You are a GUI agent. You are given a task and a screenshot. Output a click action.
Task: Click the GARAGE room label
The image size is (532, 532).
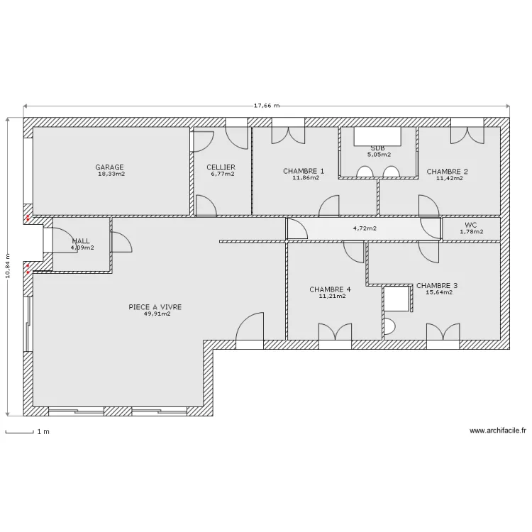coord(109,167)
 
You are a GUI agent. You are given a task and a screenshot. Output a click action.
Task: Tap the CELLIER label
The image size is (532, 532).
coord(221,167)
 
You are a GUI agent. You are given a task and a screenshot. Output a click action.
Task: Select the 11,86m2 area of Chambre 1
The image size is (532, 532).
coord(306,177)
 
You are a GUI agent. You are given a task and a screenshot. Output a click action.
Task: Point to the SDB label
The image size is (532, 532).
coord(377,148)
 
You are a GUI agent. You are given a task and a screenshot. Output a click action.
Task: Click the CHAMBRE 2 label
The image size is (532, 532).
coord(447,172)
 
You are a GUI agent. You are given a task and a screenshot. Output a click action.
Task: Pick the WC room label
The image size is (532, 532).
coord(470,225)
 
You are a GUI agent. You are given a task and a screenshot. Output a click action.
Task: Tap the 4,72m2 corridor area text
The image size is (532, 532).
coord(365,228)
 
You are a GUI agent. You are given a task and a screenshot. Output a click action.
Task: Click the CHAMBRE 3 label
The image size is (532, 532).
coord(437,286)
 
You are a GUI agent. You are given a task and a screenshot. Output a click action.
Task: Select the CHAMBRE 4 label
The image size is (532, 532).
coord(330,289)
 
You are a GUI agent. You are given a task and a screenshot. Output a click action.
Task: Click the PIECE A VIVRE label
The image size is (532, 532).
coord(155,307)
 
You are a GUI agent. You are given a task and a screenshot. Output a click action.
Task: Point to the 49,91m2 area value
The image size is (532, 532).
coord(157,314)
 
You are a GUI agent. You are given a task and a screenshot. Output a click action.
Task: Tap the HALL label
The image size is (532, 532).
coord(81,241)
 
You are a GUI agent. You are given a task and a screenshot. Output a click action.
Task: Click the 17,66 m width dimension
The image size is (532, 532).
coord(267,106)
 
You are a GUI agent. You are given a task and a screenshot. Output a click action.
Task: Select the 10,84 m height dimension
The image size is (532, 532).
coord(8,266)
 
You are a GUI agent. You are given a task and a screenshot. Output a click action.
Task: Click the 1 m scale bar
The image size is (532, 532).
coord(19,432)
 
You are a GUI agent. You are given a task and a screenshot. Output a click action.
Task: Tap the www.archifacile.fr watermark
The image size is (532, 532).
coord(498,431)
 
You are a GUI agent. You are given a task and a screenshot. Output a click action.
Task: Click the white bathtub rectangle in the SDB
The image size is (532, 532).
coord(377,136)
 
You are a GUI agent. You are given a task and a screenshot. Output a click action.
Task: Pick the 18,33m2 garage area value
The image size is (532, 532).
coord(111,174)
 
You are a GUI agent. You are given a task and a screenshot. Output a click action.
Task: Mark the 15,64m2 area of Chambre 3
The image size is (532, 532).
coord(439,292)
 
